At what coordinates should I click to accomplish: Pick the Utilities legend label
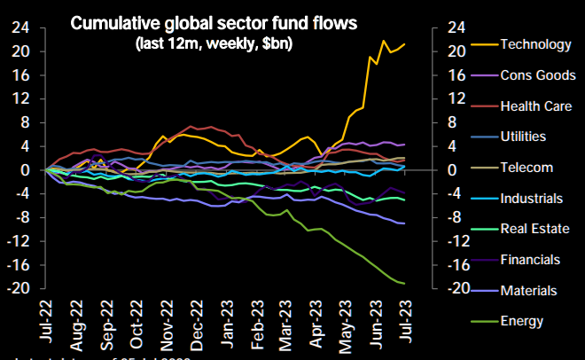click(523, 137)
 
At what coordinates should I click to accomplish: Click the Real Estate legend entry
click(534, 229)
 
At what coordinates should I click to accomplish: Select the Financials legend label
click(530, 260)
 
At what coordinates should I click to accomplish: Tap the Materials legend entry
click(528, 290)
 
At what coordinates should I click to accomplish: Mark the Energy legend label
click(521, 321)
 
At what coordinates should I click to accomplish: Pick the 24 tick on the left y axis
click(20, 27)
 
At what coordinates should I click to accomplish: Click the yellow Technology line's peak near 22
click(384, 41)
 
